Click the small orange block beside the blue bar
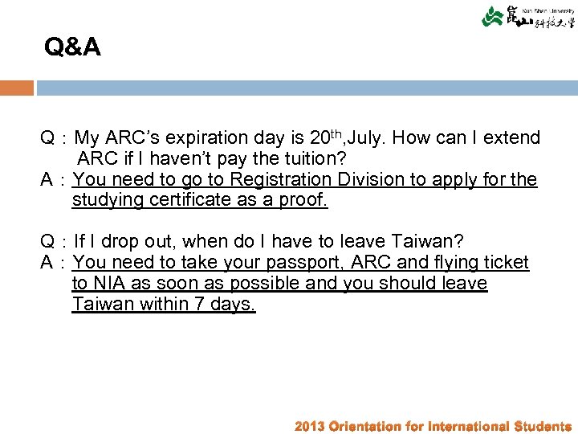coord(17,88)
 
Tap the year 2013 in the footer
coord(310,426)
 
